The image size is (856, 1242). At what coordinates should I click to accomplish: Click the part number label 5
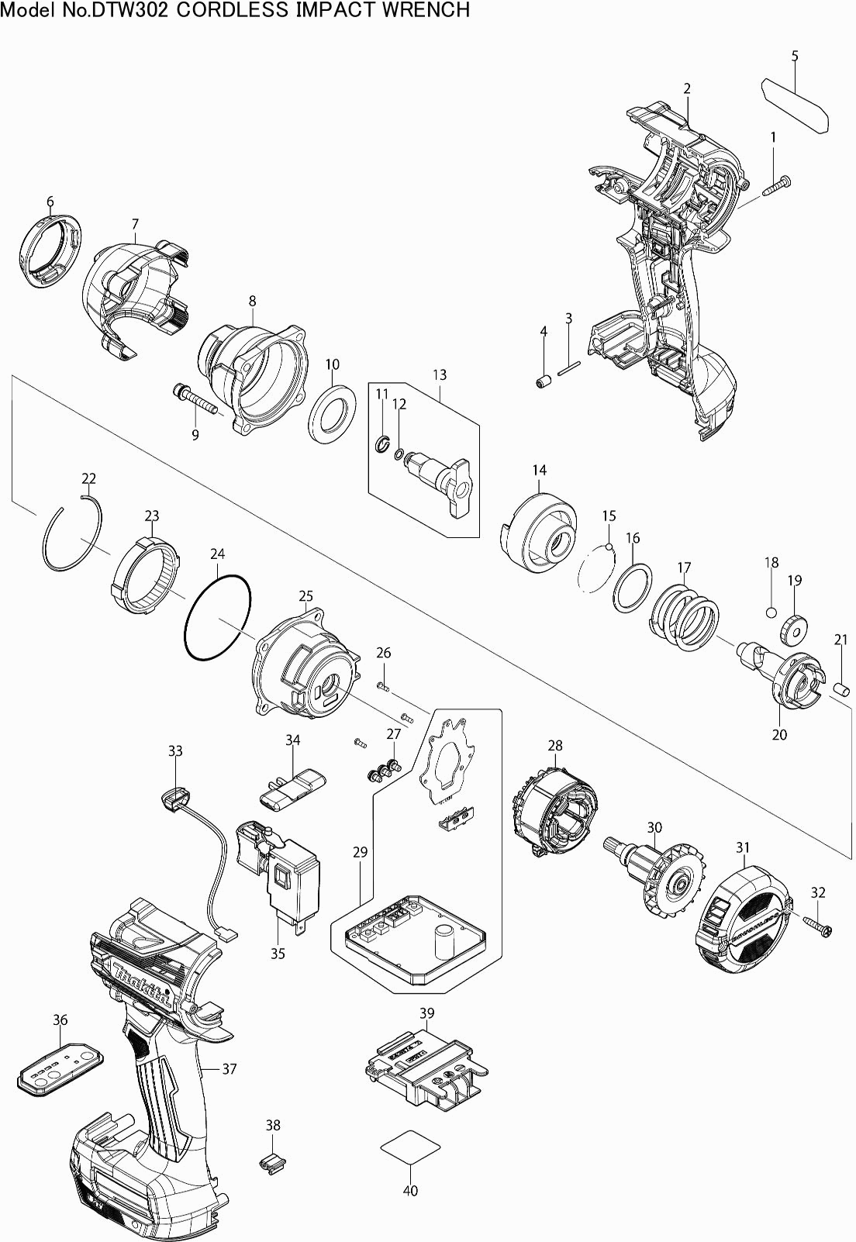click(795, 56)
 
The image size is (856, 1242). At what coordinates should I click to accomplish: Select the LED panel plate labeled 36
click(59, 1066)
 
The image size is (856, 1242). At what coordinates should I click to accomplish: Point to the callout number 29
click(360, 852)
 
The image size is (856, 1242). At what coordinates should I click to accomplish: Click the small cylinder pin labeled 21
click(839, 688)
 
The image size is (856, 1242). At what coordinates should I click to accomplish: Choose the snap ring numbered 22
click(71, 535)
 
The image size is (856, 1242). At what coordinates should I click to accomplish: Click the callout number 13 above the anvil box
click(440, 374)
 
